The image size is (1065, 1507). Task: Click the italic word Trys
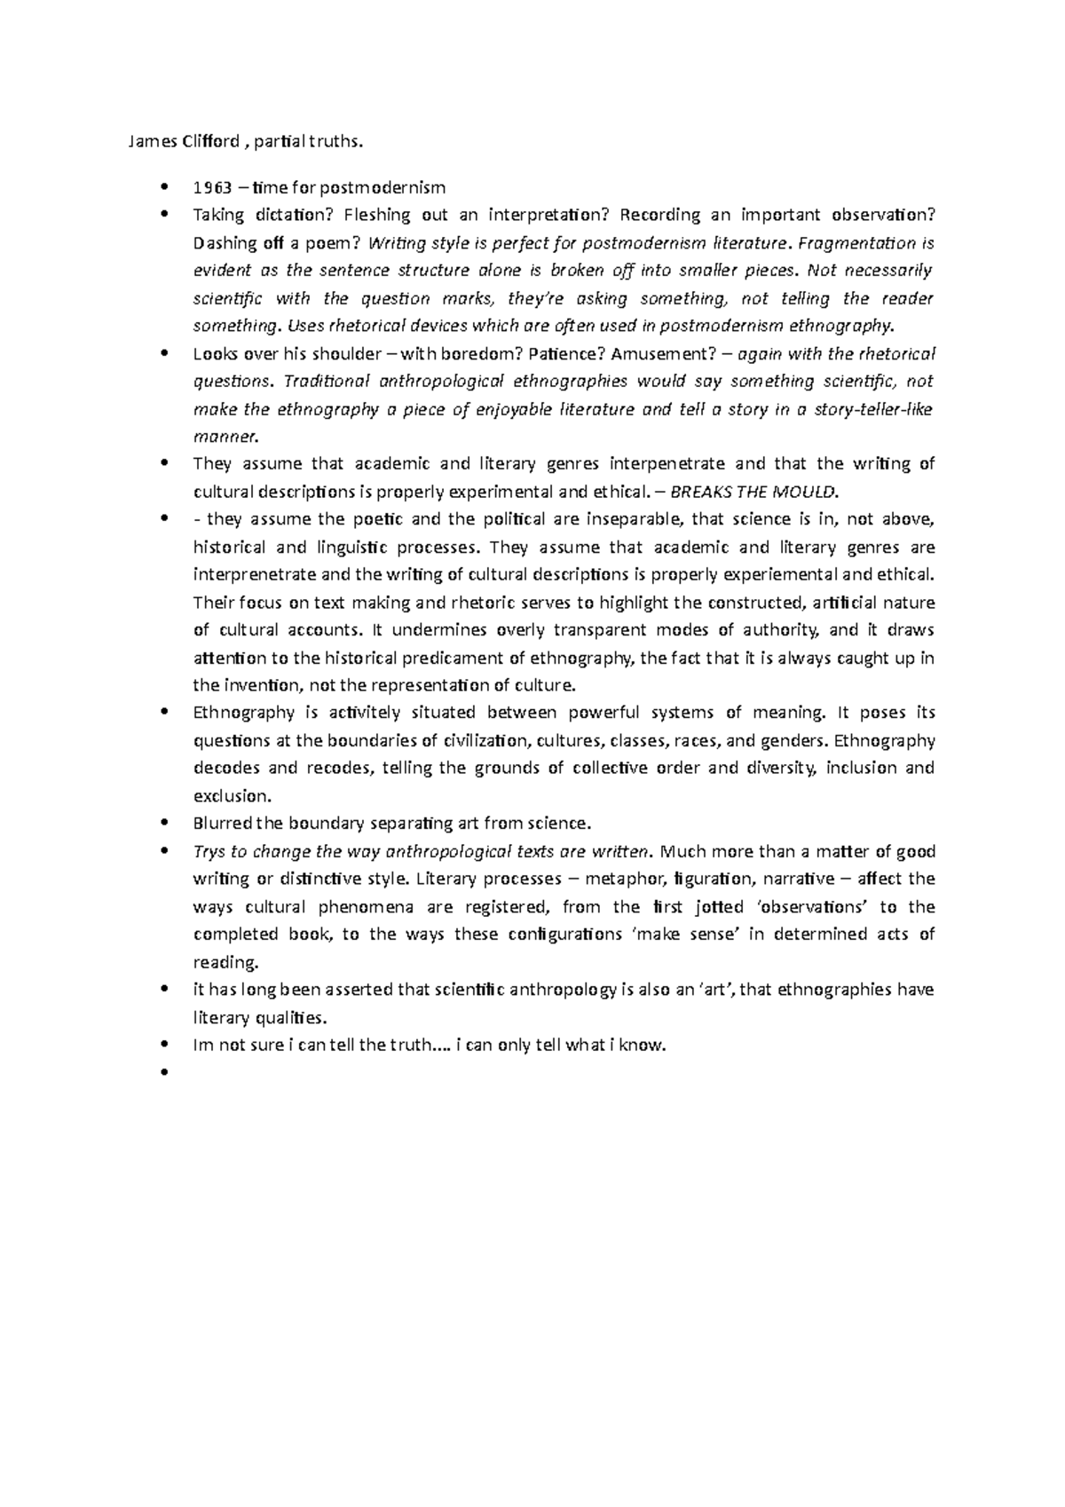click(x=209, y=851)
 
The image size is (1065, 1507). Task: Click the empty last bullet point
click(x=165, y=1073)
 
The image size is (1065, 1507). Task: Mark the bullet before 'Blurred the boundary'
click(x=165, y=824)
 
